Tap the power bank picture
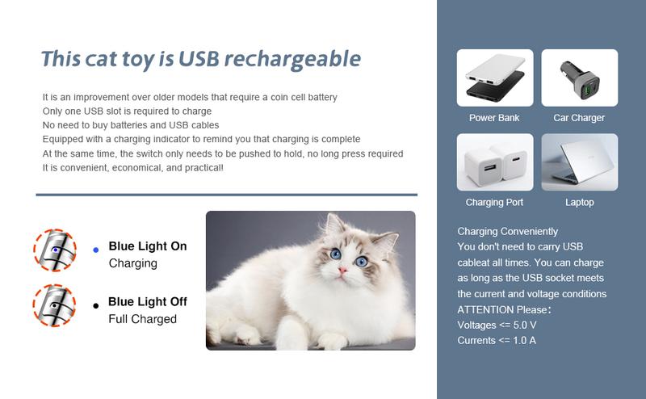(x=494, y=78)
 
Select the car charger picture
(x=579, y=78)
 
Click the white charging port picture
(x=494, y=162)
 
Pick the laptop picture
(x=579, y=162)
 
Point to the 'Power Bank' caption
(x=494, y=118)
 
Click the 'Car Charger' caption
(x=579, y=118)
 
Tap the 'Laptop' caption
(x=579, y=203)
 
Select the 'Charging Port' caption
(x=494, y=203)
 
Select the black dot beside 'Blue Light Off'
(x=95, y=305)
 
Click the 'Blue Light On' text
(x=148, y=246)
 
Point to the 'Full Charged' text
(x=142, y=319)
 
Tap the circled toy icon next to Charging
(x=54, y=250)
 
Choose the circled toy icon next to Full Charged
(x=54, y=305)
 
